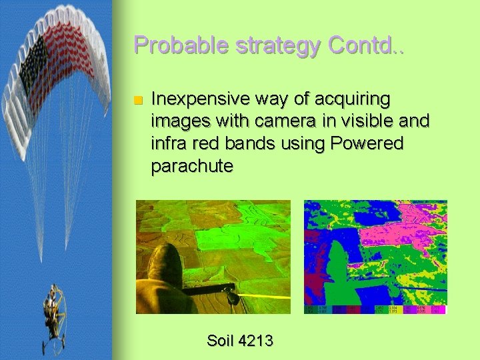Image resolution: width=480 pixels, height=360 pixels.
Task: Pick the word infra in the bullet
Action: point(169,143)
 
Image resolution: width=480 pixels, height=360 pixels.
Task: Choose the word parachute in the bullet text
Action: point(192,165)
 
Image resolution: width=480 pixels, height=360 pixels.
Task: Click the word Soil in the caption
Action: point(220,341)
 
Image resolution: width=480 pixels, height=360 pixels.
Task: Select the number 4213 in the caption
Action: point(257,341)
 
